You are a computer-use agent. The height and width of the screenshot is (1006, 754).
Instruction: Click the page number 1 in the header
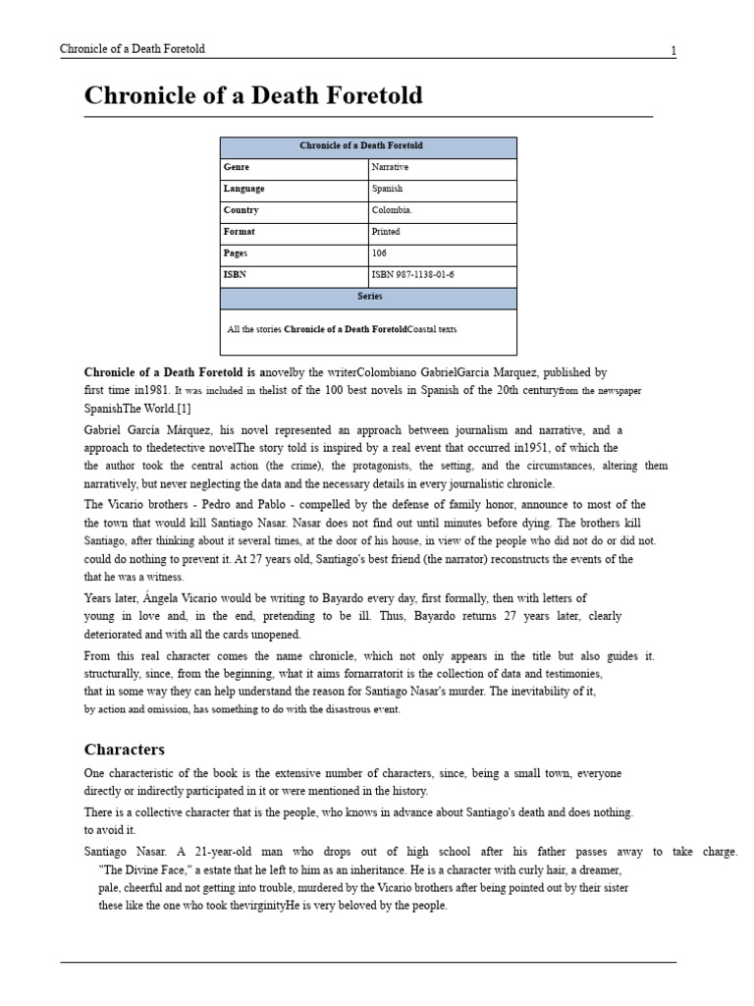[673, 51]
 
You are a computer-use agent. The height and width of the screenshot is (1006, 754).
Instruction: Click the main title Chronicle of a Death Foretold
[253, 95]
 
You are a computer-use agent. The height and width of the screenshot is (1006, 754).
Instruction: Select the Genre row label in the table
[237, 168]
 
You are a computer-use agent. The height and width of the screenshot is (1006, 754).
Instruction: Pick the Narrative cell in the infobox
[390, 168]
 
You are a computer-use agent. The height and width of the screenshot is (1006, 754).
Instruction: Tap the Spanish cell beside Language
[387, 189]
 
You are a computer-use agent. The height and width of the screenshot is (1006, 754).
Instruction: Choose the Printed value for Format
[386, 232]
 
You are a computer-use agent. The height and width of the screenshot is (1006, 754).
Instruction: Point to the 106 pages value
[379, 253]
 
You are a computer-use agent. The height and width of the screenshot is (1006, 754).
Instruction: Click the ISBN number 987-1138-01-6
[412, 275]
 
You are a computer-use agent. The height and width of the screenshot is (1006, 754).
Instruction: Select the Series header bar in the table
[368, 297]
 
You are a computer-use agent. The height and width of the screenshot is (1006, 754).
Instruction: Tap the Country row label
[241, 210]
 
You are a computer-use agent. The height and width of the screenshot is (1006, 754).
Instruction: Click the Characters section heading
[125, 750]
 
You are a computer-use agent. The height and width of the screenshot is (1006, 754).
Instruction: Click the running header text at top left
[133, 49]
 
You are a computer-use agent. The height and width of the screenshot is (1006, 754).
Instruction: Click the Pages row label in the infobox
[237, 253]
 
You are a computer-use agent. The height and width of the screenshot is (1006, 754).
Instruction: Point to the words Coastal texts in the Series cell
[432, 330]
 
